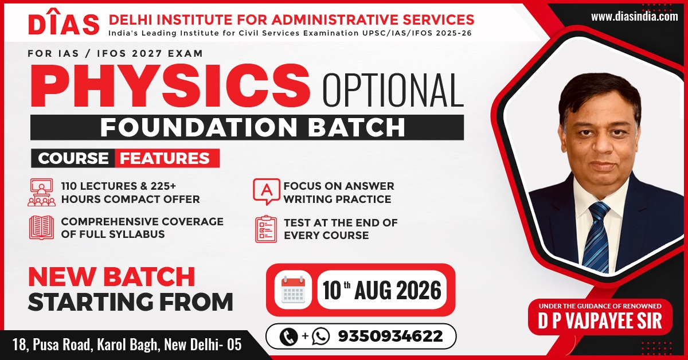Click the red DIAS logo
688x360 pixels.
64,22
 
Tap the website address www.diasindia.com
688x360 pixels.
635,17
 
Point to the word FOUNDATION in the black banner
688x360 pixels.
199,127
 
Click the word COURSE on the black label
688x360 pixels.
73,158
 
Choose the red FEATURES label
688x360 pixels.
167,158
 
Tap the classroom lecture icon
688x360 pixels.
41,192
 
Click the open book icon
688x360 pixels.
41,228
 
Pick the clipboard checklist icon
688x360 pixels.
266,229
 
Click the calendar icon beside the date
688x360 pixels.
293,290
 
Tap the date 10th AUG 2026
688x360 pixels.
382,290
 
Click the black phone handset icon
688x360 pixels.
289,336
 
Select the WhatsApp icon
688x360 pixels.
320,336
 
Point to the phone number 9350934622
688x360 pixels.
390,336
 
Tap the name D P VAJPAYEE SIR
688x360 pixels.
600,321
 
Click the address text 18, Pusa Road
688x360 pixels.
53,345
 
